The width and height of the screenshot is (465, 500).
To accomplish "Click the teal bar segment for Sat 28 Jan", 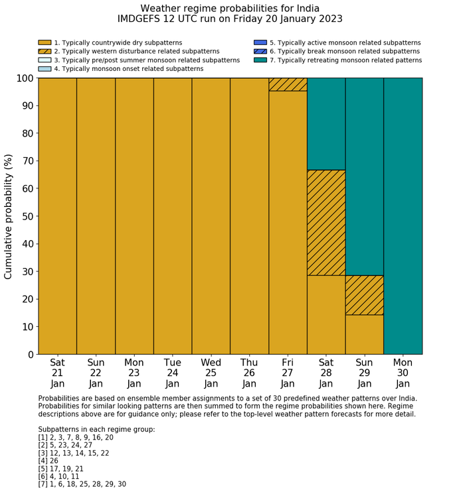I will tap(326, 124).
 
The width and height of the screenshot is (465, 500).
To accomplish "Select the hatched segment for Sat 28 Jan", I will tap(326, 222).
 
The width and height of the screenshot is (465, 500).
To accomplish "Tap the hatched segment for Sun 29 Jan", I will tap(365, 295).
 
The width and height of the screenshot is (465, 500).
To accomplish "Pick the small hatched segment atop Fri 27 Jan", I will tap(288, 84).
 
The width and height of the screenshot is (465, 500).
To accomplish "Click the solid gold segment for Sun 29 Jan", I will tap(365, 334).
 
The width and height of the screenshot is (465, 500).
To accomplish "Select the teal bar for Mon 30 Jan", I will tap(403, 216).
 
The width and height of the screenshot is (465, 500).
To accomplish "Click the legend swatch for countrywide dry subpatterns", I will tap(45, 42).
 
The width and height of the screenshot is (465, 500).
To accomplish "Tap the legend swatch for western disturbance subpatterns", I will tap(45, 51).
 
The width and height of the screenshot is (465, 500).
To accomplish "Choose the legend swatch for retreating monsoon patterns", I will tap(260, 60).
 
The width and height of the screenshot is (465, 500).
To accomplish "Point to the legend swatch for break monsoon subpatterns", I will tap(260, 51).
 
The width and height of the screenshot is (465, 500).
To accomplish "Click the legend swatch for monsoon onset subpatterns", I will tap(45, 68).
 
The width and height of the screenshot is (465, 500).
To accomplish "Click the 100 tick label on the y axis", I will tap(24, 78).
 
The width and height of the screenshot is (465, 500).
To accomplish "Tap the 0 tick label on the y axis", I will tap(31, 355).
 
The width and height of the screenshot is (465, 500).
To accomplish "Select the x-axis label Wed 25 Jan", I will tap(211, 373).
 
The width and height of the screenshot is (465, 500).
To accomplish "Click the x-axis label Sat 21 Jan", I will tap(58, 373).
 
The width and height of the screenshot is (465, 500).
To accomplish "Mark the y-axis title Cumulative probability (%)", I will tap(9, 216).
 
